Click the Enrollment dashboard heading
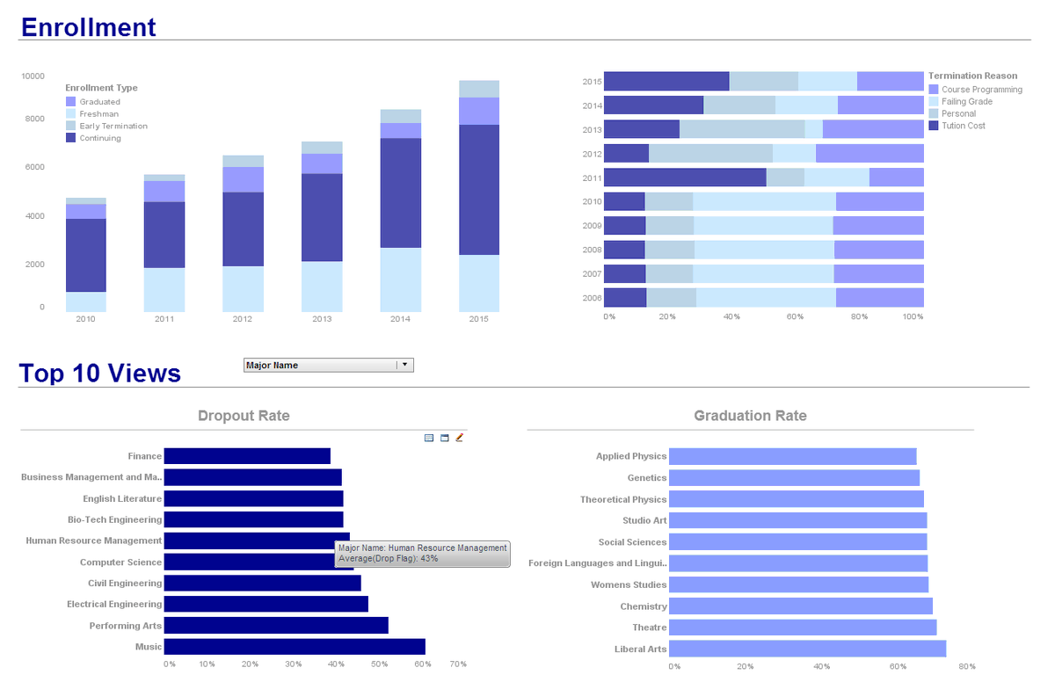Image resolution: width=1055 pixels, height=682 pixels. click(x=88, y=27)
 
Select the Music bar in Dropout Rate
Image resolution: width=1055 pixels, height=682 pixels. click(x=295, y=647)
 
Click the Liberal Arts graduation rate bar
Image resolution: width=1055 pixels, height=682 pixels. click(x=807, y=649)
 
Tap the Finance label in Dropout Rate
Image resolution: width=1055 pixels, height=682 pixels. click(x=144, y=456)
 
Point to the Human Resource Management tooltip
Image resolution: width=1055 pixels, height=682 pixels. click(x=422, y=553)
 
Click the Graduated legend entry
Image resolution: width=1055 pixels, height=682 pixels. click(x=99, y=102)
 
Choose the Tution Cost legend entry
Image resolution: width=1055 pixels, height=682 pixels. click(x=963, y=126)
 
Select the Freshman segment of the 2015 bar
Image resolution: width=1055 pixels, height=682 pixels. click(x=478, y=283)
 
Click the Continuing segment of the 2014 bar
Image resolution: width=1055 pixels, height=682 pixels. click(x=400, y=193)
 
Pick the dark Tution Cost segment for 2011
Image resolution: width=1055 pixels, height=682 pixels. click(x=684, y=178)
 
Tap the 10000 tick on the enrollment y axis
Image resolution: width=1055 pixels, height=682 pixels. click(x=33, y=76)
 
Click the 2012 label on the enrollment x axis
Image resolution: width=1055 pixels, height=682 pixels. click(x=242, y=319)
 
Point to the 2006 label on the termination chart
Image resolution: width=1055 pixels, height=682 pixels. click(x=592, y=298)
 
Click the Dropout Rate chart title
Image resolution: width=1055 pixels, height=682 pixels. click(x=244, y=416)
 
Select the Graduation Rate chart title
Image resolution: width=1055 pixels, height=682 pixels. click(x=750, y=416)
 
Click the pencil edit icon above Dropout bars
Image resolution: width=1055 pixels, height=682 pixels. click(x=459, y=437)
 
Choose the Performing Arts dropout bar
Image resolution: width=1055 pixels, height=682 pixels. click(x=276, y=626)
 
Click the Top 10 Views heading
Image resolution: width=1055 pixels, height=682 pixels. click(x=100, y=374)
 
